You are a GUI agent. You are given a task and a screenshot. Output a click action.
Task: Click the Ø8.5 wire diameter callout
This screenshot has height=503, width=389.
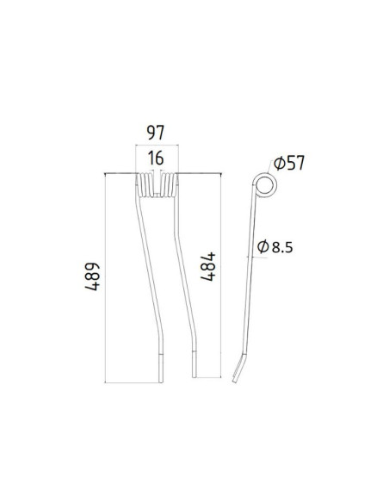[276, 247]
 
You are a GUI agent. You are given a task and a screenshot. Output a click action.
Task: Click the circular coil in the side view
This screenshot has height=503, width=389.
[265, 184]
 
